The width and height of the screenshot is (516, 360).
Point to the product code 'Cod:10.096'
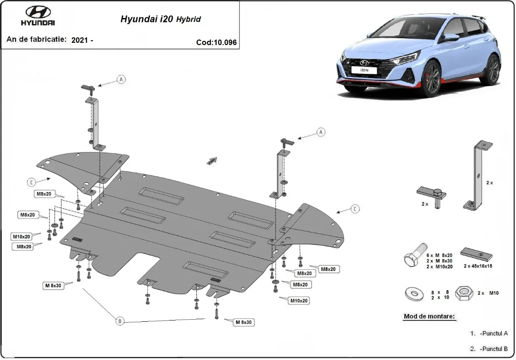[x=216, y=43]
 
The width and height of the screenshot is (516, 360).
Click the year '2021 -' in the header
[x=82, y=40]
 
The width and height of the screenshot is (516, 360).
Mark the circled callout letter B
[x=120, y=320]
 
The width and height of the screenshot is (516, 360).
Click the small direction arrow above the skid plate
[x=211, y=160]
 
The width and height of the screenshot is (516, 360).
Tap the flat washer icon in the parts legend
[x=415, y=294]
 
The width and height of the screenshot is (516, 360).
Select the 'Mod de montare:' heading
[x=429, y=317]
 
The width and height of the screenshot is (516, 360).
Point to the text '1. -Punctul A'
[x=489, y=333]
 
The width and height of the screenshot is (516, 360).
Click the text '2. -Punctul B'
[x=489, y=348]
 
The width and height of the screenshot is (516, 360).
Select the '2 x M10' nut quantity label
[x=487, y=293]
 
